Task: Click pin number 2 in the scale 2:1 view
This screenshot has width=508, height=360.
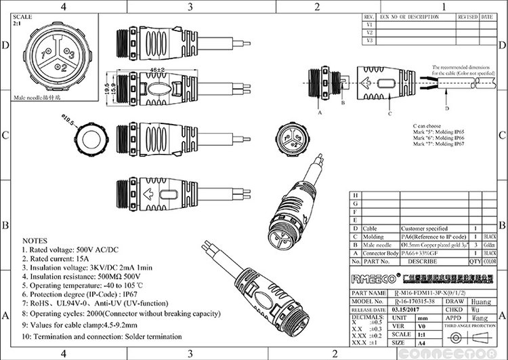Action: [x=63, y=68]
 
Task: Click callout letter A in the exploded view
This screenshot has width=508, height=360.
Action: [x=318, y=114]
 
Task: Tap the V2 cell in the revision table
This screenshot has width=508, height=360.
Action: [x=370, y=32]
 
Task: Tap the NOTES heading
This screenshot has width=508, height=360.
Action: [x=35, y=241]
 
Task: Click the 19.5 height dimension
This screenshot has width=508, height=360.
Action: [x=107, y=89]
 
